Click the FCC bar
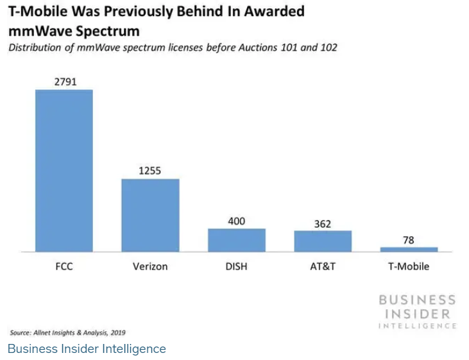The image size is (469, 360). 64,170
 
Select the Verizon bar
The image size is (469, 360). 150,215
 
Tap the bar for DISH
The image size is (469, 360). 236,239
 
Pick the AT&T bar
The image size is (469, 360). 323,241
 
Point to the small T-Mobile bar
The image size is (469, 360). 409,249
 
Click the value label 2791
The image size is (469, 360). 64,81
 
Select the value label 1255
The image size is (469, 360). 150,171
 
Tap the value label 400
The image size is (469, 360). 236,221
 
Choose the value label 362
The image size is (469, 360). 323,224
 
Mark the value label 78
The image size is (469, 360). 409,240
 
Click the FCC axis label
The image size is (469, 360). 64,266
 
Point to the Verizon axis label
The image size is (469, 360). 150,266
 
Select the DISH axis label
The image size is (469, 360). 236,266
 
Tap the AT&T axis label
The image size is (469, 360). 323,266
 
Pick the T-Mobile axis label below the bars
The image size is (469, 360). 409,266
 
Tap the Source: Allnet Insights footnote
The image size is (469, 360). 67,332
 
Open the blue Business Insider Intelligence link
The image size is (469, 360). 87,349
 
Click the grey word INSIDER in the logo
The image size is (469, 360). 416,313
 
